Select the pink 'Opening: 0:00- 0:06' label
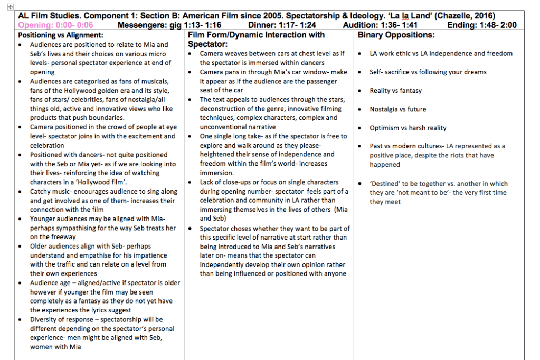click(x=55, y=25)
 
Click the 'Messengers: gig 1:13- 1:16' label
click(x=169, y=25)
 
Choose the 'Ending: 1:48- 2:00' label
click(x=482, y=25)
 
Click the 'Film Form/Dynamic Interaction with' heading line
click(x=257, y=35)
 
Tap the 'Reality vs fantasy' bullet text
click(x=395, y=91)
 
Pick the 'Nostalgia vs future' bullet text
click(x=397, y=109)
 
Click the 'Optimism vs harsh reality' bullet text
click(x=408, y=128)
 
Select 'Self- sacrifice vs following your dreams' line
click(x=428, y=72)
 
